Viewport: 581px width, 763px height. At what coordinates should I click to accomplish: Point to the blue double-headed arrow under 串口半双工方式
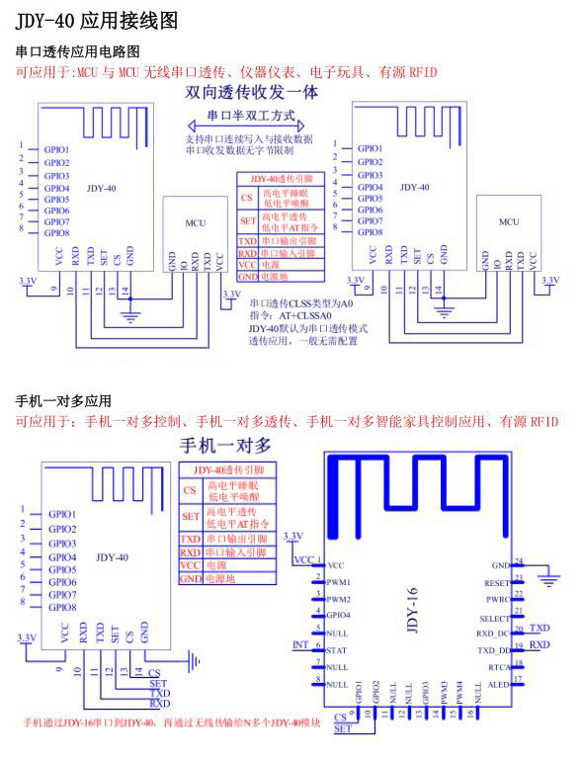click(252, 127)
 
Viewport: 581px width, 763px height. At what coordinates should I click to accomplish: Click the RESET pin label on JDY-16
click(496, 584)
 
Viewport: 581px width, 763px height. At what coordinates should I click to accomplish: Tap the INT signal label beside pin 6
click(300, 644)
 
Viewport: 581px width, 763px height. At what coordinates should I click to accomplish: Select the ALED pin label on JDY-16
click(499, 683)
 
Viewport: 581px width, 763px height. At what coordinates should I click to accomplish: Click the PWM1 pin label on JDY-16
click(339, 583)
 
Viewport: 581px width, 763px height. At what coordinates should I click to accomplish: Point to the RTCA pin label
click(497, 667)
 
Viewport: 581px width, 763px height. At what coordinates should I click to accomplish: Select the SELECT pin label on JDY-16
click(493, 617)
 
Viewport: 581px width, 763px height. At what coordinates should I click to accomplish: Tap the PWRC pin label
click(497, 600)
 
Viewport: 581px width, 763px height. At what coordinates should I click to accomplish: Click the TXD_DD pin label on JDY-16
click(493, 649)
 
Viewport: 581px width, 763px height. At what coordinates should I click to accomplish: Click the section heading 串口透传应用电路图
click(78, 51)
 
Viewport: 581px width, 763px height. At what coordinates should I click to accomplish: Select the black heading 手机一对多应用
click(63, 401)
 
